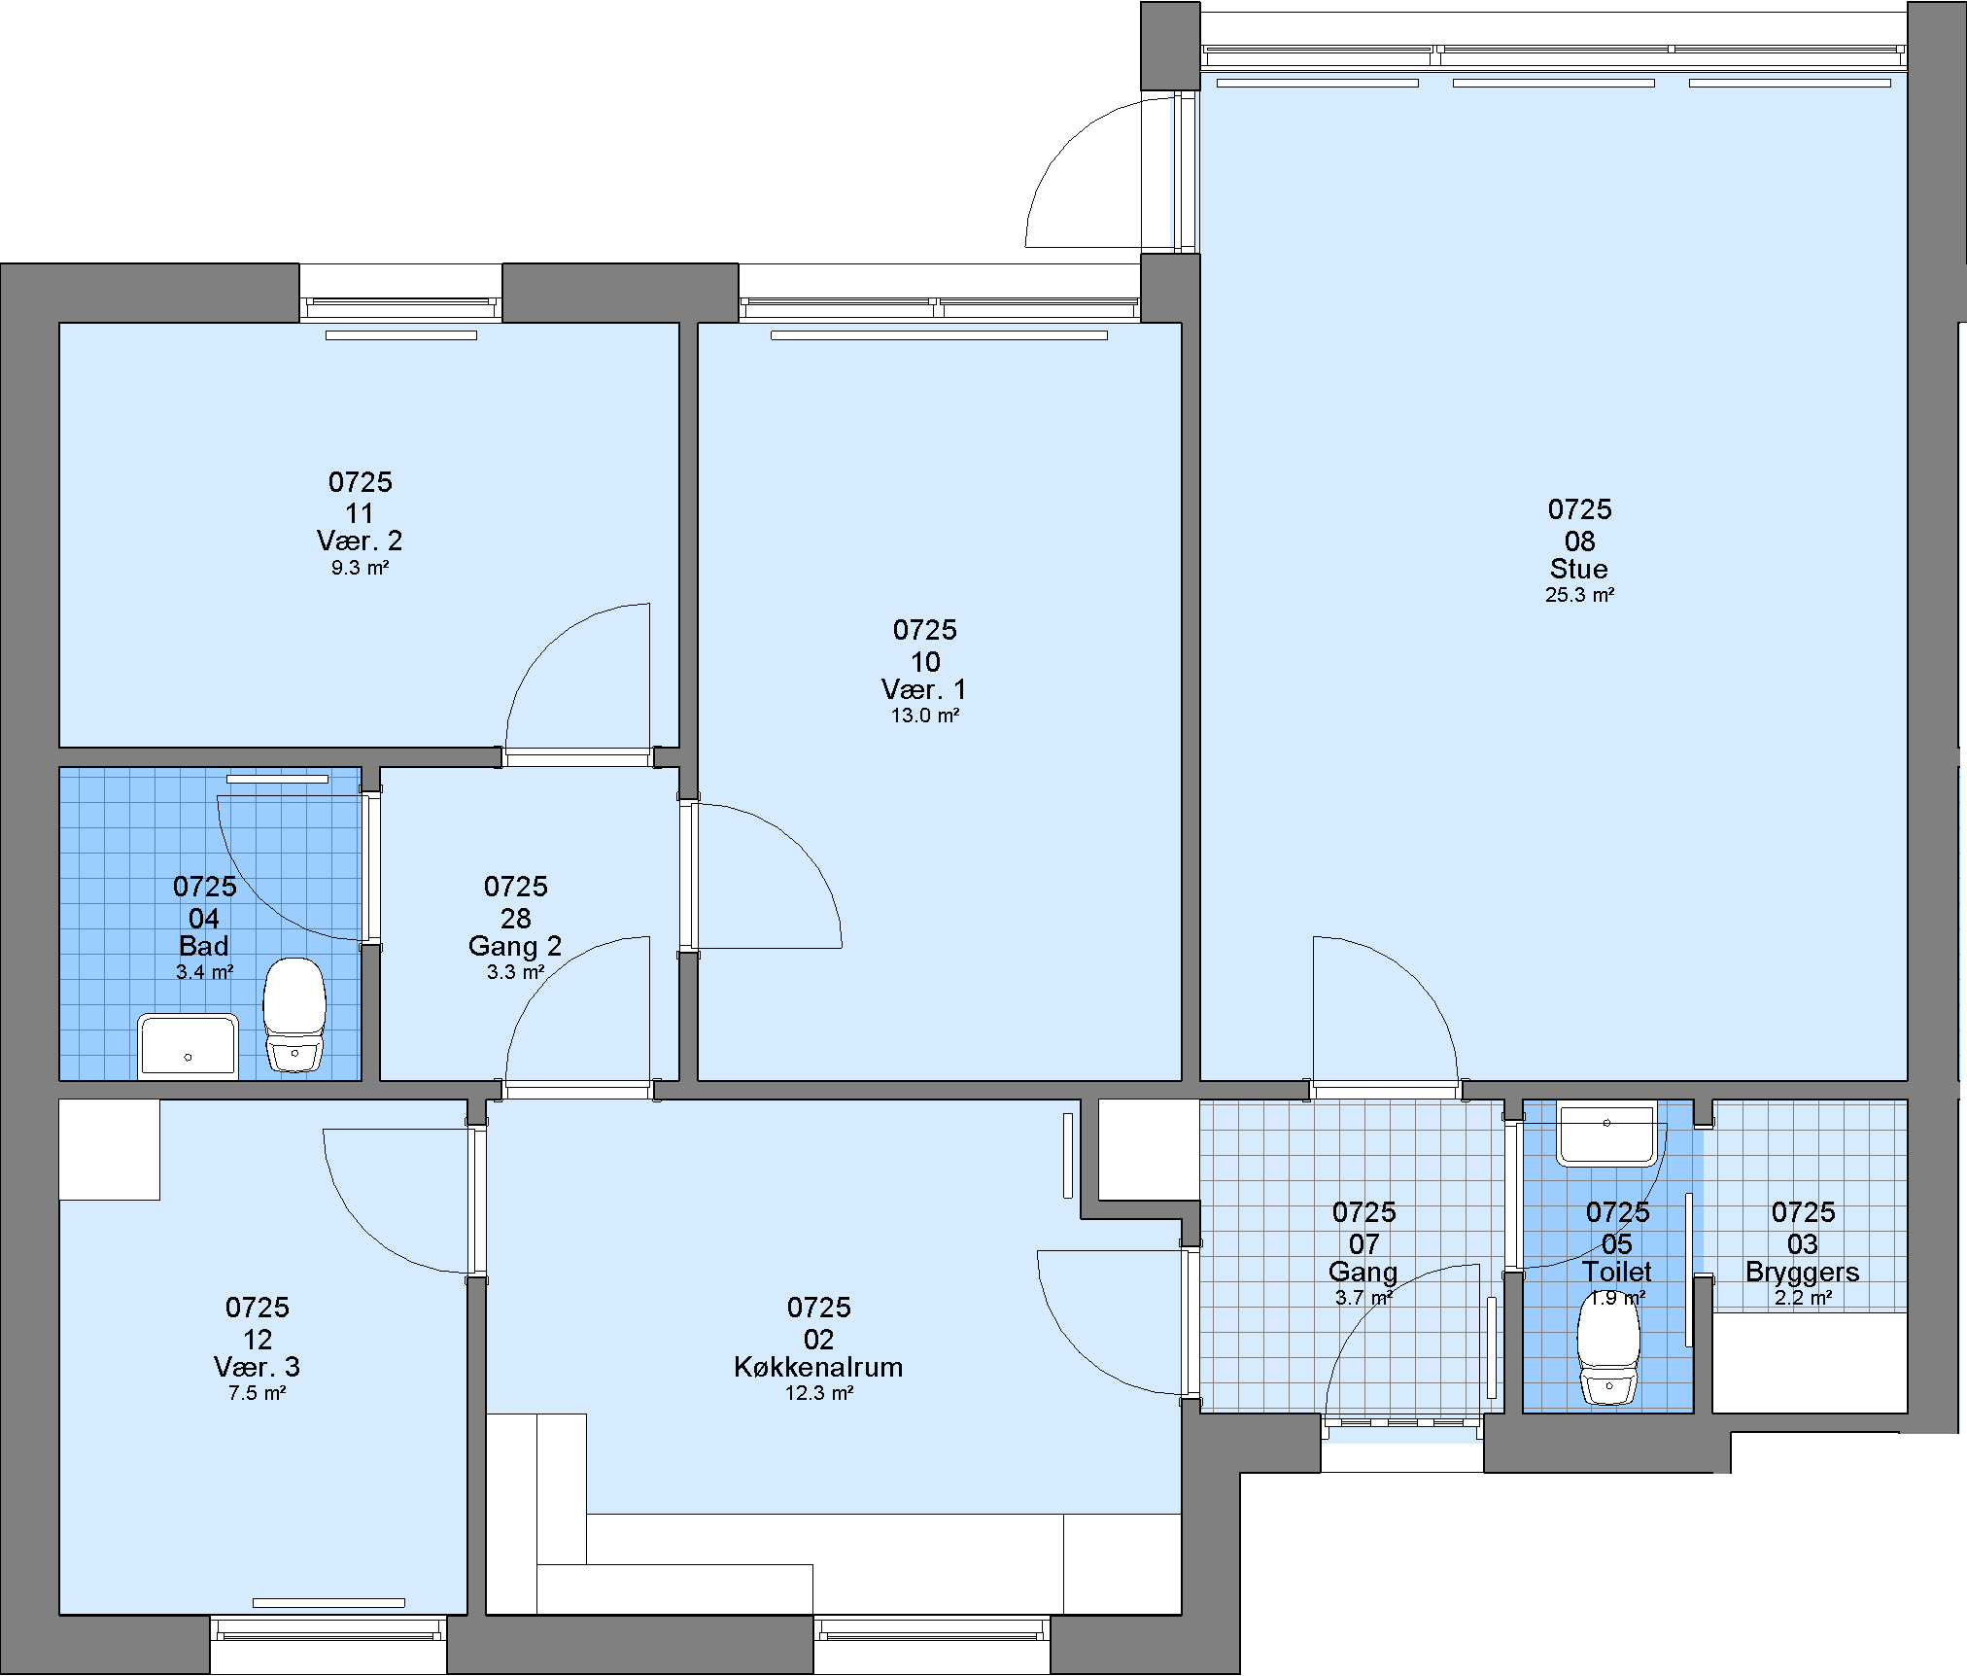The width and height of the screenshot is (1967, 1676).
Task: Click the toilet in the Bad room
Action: (x=294, y=1015)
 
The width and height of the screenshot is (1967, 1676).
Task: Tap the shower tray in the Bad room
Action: (x=188, y=1046)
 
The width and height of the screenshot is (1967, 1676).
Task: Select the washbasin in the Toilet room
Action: (x=1606, y=1133)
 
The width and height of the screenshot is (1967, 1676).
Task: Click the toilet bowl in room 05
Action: (x=1608, y=1347)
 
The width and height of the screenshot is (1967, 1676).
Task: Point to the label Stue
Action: (x=1579, y=569)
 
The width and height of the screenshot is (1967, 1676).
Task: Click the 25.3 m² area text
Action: (x=1580, y=595)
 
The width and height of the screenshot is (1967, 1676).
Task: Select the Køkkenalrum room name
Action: (x=818, y=1367)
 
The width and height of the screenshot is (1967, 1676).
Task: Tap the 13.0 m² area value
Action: (x=925, y=716)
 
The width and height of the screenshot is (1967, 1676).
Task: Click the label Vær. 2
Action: (x=360, y=541)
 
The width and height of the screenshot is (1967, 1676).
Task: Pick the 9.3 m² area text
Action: (x=360, y=568)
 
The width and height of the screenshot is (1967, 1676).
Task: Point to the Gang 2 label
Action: (x=515, y=946)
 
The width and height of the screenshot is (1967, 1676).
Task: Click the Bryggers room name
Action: (x=1803, y=1272)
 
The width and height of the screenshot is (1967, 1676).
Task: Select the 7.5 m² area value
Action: (x=257, y=1393)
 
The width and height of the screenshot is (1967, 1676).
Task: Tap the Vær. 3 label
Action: (x=257, y=1367)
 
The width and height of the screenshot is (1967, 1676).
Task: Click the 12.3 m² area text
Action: (x=819, y=1393)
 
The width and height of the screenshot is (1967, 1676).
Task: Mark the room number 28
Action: (x=516, y=919)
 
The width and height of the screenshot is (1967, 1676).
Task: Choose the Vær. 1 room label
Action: (x=924, y=689)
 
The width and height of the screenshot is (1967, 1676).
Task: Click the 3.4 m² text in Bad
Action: (x=204, y=972)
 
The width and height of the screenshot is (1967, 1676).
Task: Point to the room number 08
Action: (x=1580, y=541)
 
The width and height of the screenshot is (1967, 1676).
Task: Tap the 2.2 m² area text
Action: (x=1804, y=1298)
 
